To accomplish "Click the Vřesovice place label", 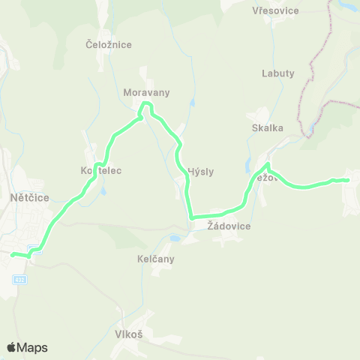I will pyautogui.click(x=276, y=11).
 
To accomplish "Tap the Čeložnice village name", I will pyautogui.click(x=109, y=45).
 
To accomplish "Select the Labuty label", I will pyautogui.click(x=278, y=73).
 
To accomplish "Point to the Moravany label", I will pyautogui.click(x=147, y=93).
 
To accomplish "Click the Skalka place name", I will pyautogui.click(x=268, y=127).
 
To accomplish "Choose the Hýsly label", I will pyautogui.click(x=200, y=171).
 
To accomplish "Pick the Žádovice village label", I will pyautogui.click(x=229, y=226).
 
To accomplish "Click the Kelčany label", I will pyautogui.click(x=156, y=259).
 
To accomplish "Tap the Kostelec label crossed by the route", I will pyautogui.click(x=101, y=171).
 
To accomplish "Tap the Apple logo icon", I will pyautogui.click(x=12, y=347).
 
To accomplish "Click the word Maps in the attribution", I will pyautogui.click(x=33, y=347).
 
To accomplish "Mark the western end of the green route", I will pyautogui.click(x=12, y=255).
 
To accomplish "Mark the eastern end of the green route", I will pyautogui.click(x=348, y=180).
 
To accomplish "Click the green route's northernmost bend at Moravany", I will pyautogui.click(x=147, y=103).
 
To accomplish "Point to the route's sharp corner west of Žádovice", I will pyautogui.click(x=191, y=217).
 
